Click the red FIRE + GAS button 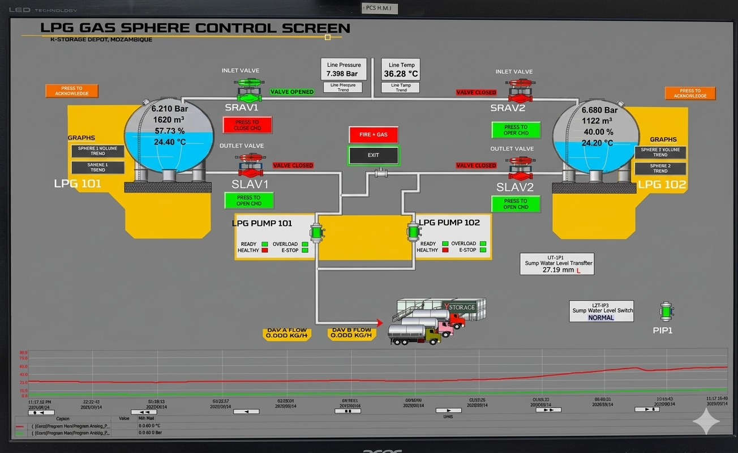point(374,135)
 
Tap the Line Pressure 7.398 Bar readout point(344,70)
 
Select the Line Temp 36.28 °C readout point(401,70)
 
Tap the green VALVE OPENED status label point(292,92)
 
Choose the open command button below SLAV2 point(516,204)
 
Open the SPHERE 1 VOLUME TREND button point(97,151)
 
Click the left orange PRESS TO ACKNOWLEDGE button point(72,91)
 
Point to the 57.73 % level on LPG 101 point(169,131)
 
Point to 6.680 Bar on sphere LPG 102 point(599,110)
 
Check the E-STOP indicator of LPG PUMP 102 point(483,250)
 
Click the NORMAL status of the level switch point(601,318)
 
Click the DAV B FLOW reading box point(351,333)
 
